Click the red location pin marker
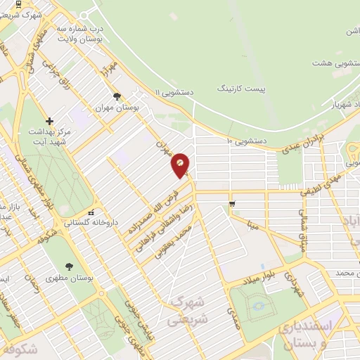pos(181,165)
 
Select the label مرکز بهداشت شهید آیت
pos(50,136)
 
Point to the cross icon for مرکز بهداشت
pos(49,122)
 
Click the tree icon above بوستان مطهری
pos(68,266)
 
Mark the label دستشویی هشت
pos(330,63)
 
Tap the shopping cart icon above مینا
pos(232,205)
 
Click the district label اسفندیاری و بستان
pos(304,335)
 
